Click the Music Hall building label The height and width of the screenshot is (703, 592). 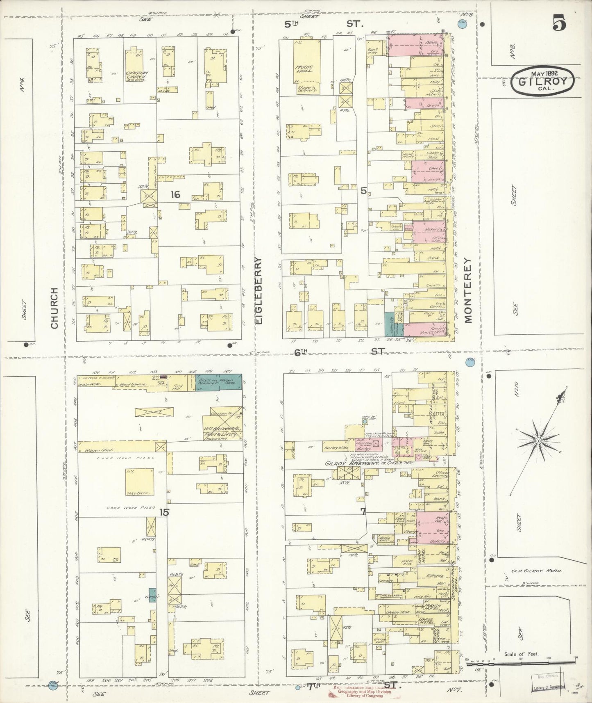[x=304, y=68]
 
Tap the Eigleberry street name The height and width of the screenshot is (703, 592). [x=259, y=291]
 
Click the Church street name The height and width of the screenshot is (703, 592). [x=54, y=308]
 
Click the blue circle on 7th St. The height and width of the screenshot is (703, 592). [x=298, y=687]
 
